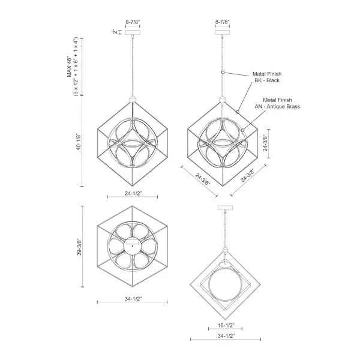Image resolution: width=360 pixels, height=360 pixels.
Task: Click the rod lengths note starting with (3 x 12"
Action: click(x=76, y=66)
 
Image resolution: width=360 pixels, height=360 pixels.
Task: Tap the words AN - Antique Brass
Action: click(x=277, y=106)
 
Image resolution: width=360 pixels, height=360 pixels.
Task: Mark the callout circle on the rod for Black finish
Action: click(x=223, y=72)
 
